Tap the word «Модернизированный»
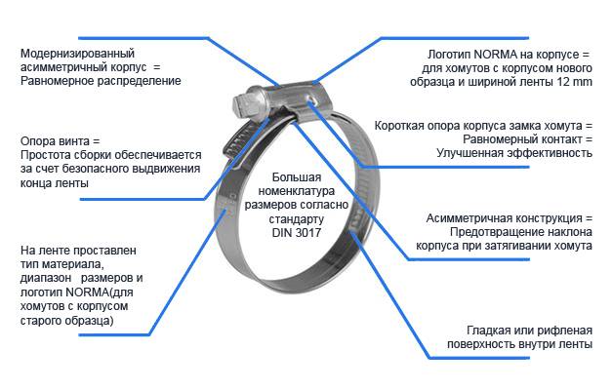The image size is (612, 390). pos(78,53)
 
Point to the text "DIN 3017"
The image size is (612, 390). pos(297,233)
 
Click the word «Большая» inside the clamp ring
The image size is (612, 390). pos(297,177)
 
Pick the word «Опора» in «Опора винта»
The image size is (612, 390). pos(37,140)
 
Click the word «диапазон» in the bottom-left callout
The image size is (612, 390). pos(46,278)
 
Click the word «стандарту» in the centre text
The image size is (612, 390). pos(297,219)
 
